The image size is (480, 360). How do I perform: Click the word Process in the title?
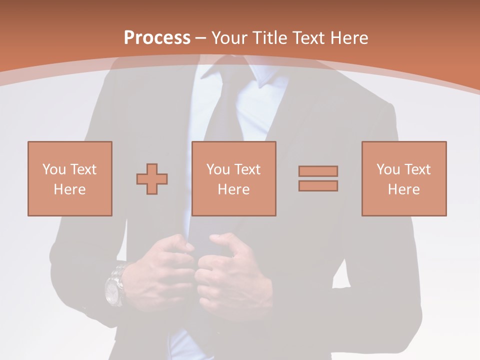point(157,37)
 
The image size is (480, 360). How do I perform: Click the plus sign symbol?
point(152,178)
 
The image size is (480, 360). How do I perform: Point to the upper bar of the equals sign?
point(318,171)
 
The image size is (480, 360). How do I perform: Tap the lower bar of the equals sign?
point(318,185)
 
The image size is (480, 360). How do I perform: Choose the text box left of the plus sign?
point(69,178)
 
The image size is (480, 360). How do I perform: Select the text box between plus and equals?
point(233,178)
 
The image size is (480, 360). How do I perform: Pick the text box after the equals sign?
point(403,178)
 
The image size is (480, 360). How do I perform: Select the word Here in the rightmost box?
point(403,189)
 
